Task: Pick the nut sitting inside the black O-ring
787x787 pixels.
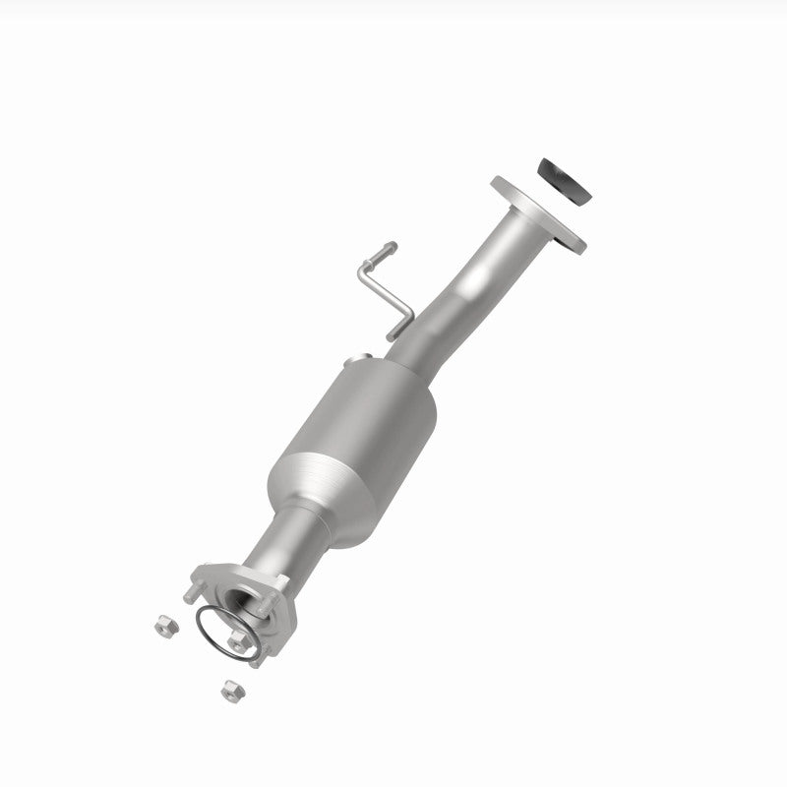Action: coord(237,640)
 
